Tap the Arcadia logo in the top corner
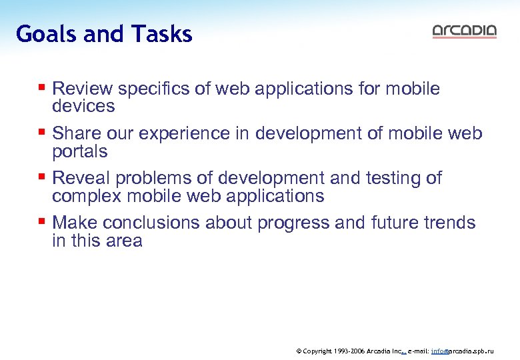click(x=464, y=31)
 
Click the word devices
click(x=83, y=106)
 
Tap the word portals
click(x=79, y=151)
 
